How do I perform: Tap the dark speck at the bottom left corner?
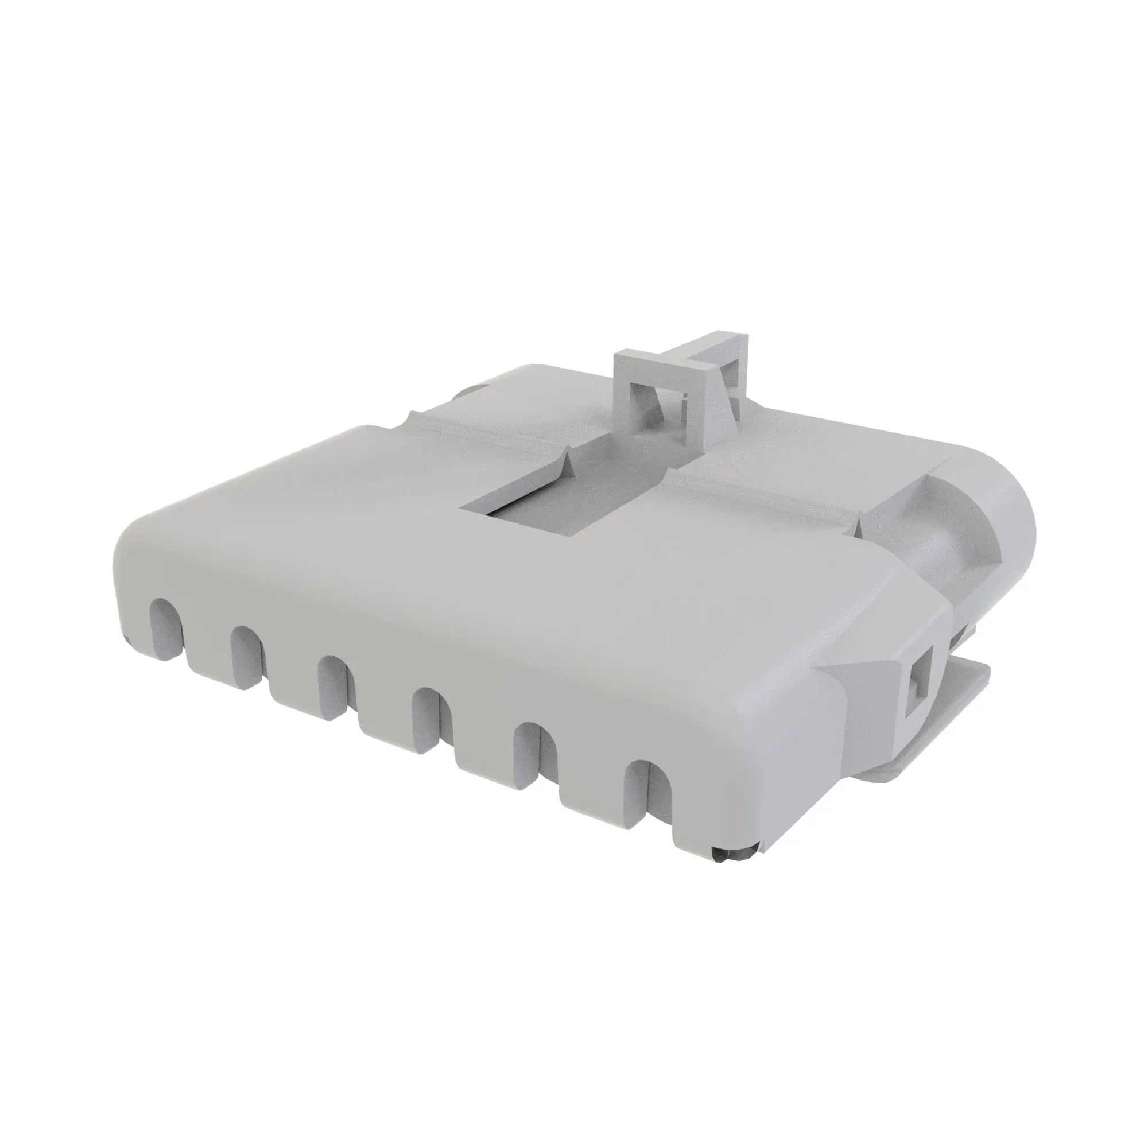[129, 639]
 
